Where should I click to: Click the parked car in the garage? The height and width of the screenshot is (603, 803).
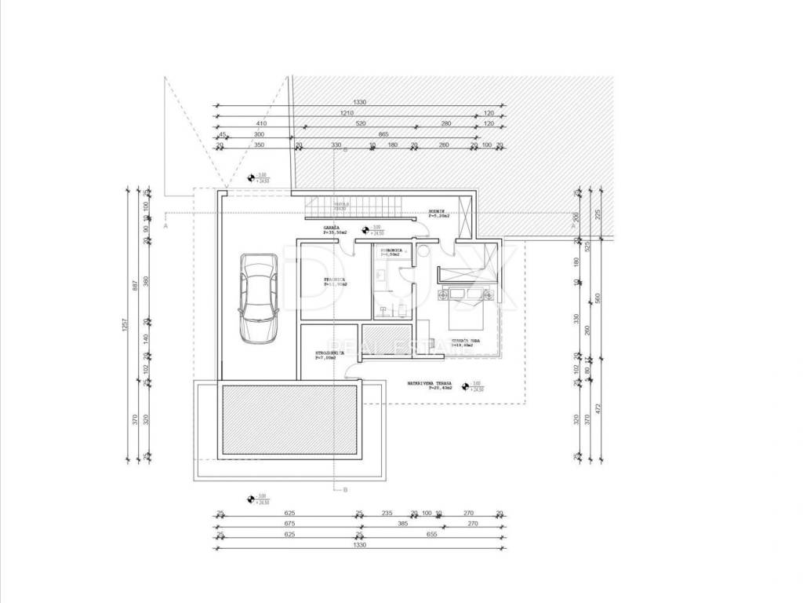click(x=258, y=297)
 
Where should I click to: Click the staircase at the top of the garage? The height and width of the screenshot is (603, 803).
click(x=354, y=208)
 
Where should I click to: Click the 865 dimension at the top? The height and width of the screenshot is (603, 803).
click(x=383, y=134)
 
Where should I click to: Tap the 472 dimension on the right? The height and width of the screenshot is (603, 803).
click(x=597, y=408)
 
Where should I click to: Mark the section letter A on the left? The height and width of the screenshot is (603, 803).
click(x=165, y=225)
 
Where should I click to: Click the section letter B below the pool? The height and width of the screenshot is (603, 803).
click(x=344, y=489)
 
